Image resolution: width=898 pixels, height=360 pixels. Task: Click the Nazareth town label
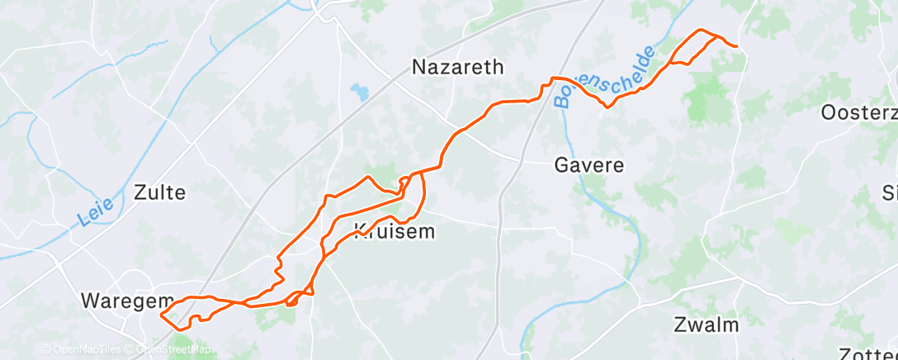pos(457,67)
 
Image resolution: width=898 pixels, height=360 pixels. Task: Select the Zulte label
pos(159,193)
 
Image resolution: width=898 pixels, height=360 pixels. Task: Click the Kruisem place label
pos(394,232)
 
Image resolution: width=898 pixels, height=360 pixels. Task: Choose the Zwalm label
pos(706,324)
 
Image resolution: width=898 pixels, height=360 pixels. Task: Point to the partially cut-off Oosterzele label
pos(858,113)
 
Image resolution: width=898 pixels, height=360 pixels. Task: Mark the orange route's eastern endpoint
pos(736,46)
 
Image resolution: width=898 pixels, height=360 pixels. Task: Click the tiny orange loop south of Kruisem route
pos(291,301)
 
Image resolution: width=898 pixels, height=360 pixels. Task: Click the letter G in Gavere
pos(560,164)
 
